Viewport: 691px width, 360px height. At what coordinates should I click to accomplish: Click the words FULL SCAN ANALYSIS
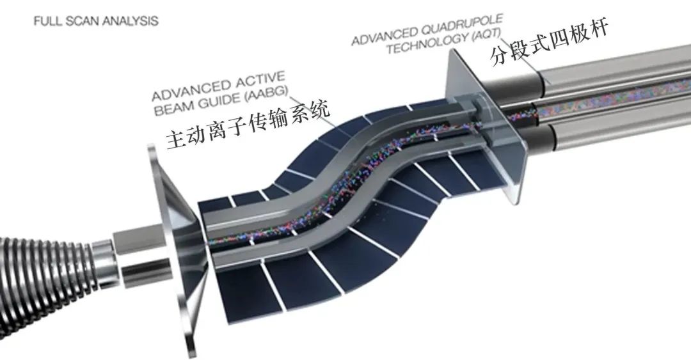pos(95,21)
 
